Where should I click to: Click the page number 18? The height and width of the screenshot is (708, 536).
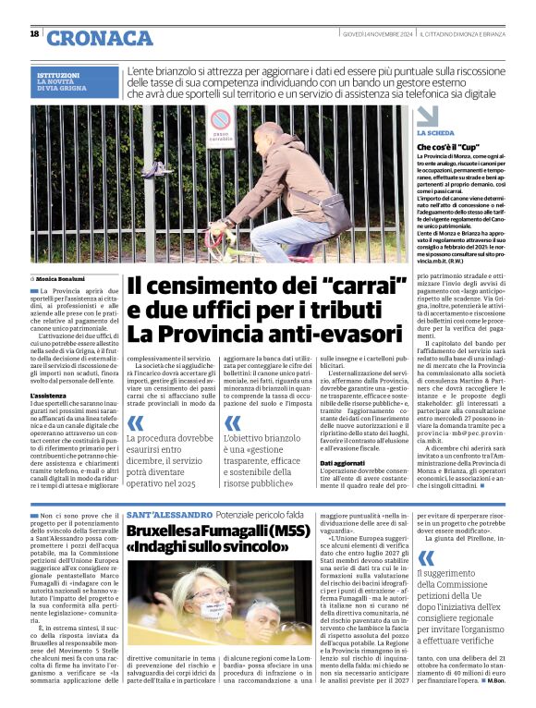34,34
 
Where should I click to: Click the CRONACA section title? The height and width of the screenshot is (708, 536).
100,38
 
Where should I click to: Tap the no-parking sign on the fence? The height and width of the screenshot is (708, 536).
219,123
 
